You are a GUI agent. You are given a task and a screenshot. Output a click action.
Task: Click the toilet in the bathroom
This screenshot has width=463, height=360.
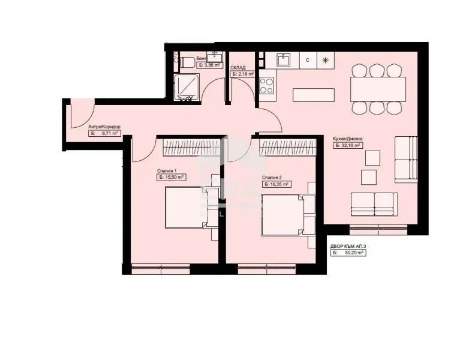click(x=185, y=60)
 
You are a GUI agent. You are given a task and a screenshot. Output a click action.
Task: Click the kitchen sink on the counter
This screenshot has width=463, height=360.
click(x=284, y=60)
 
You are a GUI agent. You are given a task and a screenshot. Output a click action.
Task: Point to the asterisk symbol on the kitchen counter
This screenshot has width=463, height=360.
click(x=326, y=60)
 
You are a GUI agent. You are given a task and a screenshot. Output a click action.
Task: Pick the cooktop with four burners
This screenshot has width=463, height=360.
click(x=267, y=85)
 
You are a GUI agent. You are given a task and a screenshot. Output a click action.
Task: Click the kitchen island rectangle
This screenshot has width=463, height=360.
click(x=314, y=95)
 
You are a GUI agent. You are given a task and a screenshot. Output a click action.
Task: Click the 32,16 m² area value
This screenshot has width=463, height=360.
click(x=350, y=145)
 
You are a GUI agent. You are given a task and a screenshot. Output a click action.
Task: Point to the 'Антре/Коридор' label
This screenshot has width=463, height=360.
click(x=104, y=127)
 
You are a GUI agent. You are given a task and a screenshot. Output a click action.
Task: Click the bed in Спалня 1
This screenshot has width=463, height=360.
click(x=185, y=207)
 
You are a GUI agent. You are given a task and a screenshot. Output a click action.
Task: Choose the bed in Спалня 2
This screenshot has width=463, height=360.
click(x=284, y=213)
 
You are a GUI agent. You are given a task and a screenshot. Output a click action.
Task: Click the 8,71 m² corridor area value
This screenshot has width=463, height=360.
click(x=107, y=134)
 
